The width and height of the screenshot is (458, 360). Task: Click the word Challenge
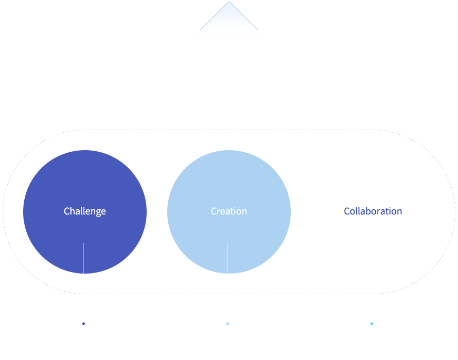[x=85, y=211]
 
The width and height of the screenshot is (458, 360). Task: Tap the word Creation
[x=228, y=211]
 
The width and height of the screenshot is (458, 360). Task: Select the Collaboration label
[x=373, y=211]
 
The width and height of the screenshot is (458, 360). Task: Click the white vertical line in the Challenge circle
[x=83, y=258]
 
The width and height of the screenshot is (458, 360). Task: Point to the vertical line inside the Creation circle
[x=227, y=258]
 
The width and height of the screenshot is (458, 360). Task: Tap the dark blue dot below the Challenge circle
[x=83, y=323]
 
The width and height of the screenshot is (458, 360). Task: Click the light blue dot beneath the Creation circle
[x=228, y=323]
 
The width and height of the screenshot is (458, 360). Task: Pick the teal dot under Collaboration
[x=372, y=323]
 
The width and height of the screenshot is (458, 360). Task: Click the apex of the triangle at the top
[x=229, y=2]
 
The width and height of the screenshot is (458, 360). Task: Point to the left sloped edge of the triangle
[x=215, y=16]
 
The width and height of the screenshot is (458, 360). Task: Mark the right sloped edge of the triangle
[x=243, y=16]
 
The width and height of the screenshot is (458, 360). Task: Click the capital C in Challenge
[x=66, y=211]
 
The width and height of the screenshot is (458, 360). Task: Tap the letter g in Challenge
[x=97, y=212]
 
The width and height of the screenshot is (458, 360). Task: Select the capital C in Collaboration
[x=346, y=211]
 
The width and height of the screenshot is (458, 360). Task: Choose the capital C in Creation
[x=214, y=211]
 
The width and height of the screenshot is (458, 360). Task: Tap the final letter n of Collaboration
[x=399, y=212]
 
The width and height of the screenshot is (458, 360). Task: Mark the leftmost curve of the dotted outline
[x=3, y=212]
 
